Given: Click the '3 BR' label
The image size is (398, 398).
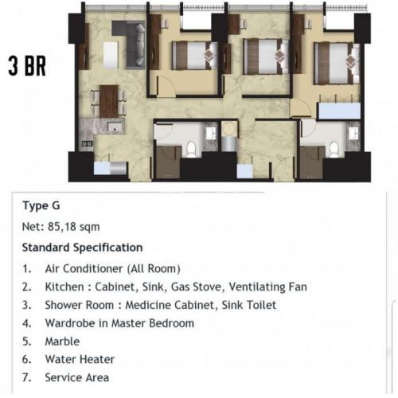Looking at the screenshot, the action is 27,66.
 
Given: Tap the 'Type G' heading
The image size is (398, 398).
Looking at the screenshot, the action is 41,205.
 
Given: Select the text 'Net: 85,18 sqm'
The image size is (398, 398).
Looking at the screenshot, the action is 61,227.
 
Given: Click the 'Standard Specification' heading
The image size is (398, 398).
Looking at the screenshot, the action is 83,248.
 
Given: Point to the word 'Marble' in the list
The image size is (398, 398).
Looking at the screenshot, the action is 62,341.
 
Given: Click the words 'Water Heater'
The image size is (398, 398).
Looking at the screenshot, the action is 80,359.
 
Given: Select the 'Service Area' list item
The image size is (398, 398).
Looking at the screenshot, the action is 77,377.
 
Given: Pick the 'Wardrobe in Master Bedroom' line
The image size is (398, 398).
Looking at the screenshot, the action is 119,323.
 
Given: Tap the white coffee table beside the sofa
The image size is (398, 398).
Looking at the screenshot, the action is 111,55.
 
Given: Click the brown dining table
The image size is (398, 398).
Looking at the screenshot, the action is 109,101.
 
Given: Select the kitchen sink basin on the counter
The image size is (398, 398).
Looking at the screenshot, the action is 115,127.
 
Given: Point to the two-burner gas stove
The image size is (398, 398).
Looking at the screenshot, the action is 87,143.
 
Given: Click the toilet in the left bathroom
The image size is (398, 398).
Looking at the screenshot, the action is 191,149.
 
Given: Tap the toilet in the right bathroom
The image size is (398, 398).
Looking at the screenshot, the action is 334,149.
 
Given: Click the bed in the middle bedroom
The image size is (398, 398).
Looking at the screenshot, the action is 266,57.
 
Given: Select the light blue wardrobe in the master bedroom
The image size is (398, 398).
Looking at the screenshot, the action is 339,111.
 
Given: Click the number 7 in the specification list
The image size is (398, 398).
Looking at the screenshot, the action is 26,377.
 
